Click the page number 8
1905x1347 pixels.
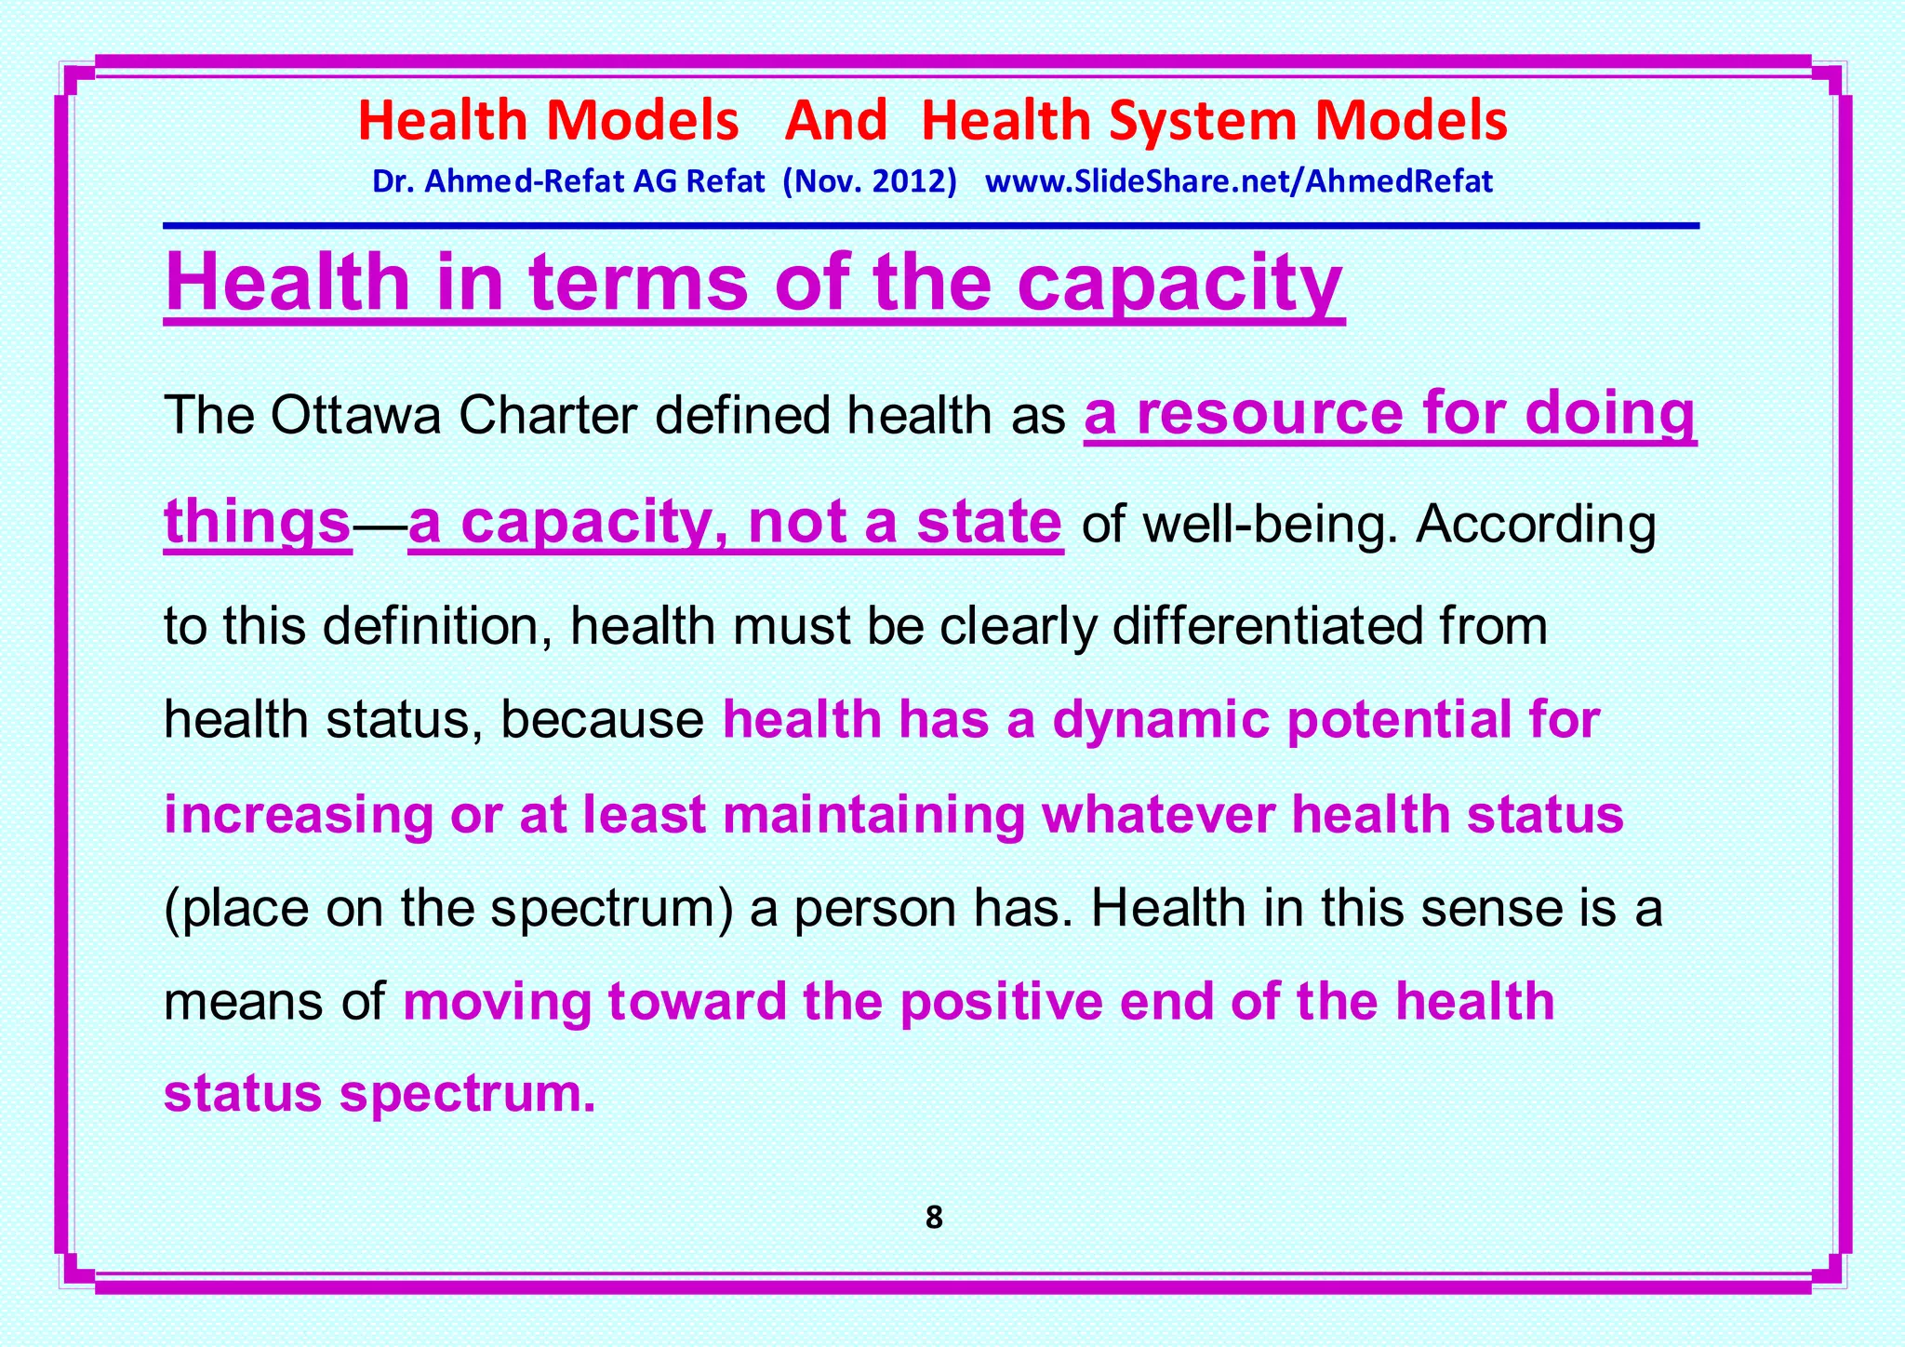tap(934, 1218)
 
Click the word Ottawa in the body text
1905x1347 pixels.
tap(355, 416)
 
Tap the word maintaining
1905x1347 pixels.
tap(873, 815)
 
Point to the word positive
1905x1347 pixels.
tap(1000, 1002)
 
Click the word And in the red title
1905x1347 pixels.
tap(836, 121)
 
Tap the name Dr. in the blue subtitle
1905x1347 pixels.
tap(391, 180)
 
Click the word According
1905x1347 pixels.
tap(1536, 525)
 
